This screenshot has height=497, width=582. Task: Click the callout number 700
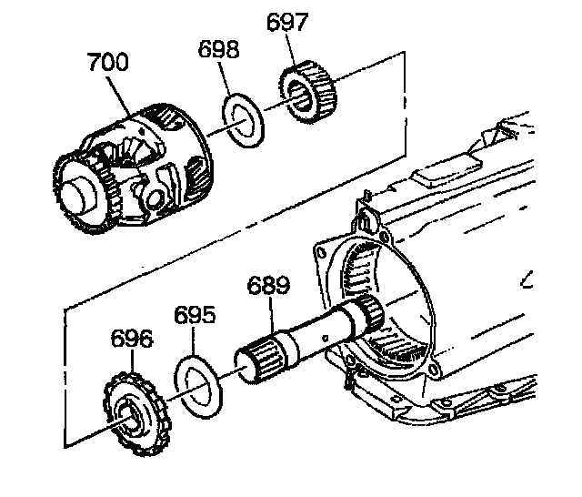tap(107, 64)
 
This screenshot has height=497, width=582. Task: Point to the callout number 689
tap(268, 285)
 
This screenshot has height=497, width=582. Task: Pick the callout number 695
tap(196, 316)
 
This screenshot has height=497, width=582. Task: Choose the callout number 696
tap(132, 340)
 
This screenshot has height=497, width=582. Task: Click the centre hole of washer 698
tap(243, 117)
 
